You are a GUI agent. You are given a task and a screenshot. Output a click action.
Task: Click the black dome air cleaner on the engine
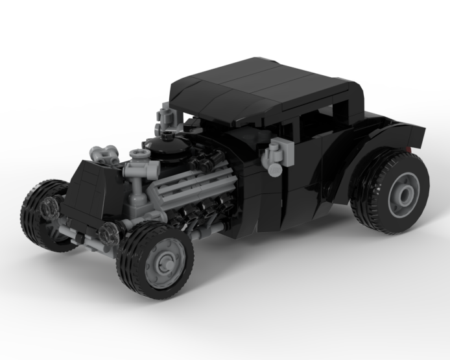coord(167,150)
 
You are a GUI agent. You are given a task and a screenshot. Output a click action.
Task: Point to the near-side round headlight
coord(110,234)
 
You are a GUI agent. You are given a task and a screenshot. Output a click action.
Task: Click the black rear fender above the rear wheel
coord(389,139)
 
